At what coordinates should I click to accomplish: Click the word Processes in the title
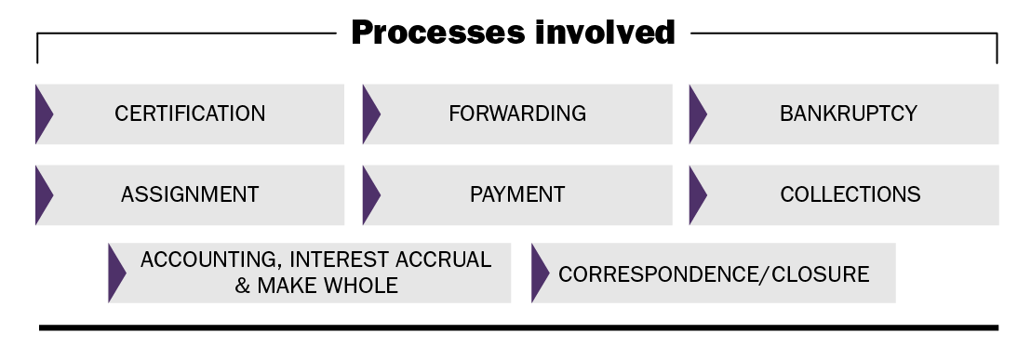(438, 33)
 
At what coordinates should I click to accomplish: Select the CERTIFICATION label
(190, 113)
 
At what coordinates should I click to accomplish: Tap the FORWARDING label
(517, 113)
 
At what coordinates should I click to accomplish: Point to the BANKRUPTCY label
(849, 113)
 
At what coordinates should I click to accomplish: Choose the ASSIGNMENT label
(190, 194)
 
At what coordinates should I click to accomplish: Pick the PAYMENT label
(517, 194)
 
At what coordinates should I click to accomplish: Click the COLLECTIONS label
(850, 194)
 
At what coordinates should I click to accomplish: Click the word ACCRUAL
(443, 260)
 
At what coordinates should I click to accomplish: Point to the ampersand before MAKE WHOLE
(243, 286)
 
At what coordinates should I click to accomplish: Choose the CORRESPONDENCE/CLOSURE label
(714, 273)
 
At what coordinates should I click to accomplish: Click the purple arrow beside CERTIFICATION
(44, 114)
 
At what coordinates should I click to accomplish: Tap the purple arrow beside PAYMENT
(371, 195)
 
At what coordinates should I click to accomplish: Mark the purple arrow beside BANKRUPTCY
(698, 114)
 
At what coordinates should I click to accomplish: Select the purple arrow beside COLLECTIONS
(698, 195)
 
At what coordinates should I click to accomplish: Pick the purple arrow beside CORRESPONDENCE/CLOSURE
(541, 273)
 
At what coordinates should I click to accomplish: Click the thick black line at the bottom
(519, 327)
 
